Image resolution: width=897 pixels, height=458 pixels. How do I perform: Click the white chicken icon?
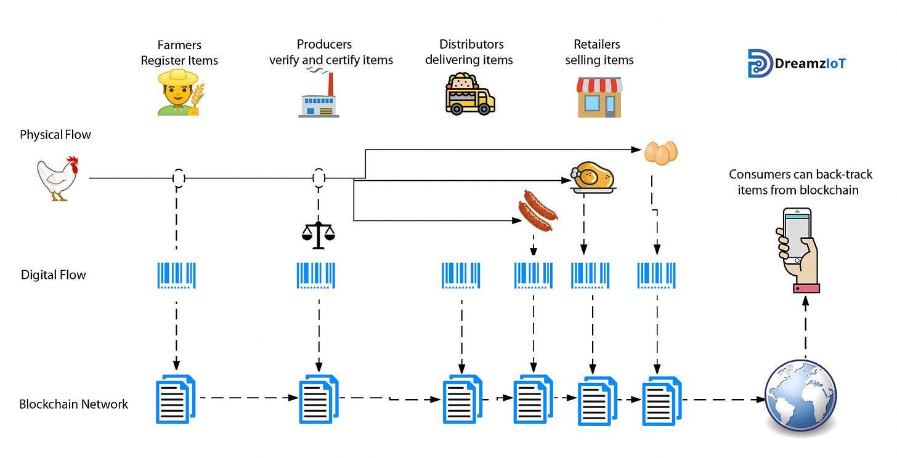(x=57, y=178)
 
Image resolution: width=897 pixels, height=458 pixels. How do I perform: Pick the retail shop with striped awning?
(x=599, y=97)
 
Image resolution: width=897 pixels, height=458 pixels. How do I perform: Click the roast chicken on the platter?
(x=592, y=177)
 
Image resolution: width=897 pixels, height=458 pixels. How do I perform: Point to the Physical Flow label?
(x=55, y=135)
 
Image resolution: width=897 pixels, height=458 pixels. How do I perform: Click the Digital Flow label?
(x=54, y=275)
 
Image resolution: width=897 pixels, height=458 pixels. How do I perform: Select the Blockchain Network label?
(x=73, y=404)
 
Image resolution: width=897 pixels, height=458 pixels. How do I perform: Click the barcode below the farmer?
(x=177, y=275)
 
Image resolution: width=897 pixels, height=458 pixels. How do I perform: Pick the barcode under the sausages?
(x=534, y=275)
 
